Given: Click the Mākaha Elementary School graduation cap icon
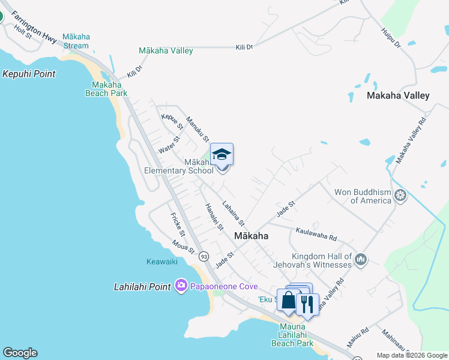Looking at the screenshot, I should point(221,155).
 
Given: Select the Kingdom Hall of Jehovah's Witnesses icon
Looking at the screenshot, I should point(361,259).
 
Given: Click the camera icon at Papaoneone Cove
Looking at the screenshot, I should point(181,286).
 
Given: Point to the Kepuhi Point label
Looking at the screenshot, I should point(29,74).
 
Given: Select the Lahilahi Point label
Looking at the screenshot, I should point(142,287).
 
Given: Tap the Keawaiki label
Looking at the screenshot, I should point(162,262).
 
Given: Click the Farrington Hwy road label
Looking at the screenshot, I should point(34,26).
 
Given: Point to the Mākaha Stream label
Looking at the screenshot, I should point(75,41).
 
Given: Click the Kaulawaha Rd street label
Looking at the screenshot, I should point(316,233).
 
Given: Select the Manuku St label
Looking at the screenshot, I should point(197,128).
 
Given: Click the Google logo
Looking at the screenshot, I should point(20,353).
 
